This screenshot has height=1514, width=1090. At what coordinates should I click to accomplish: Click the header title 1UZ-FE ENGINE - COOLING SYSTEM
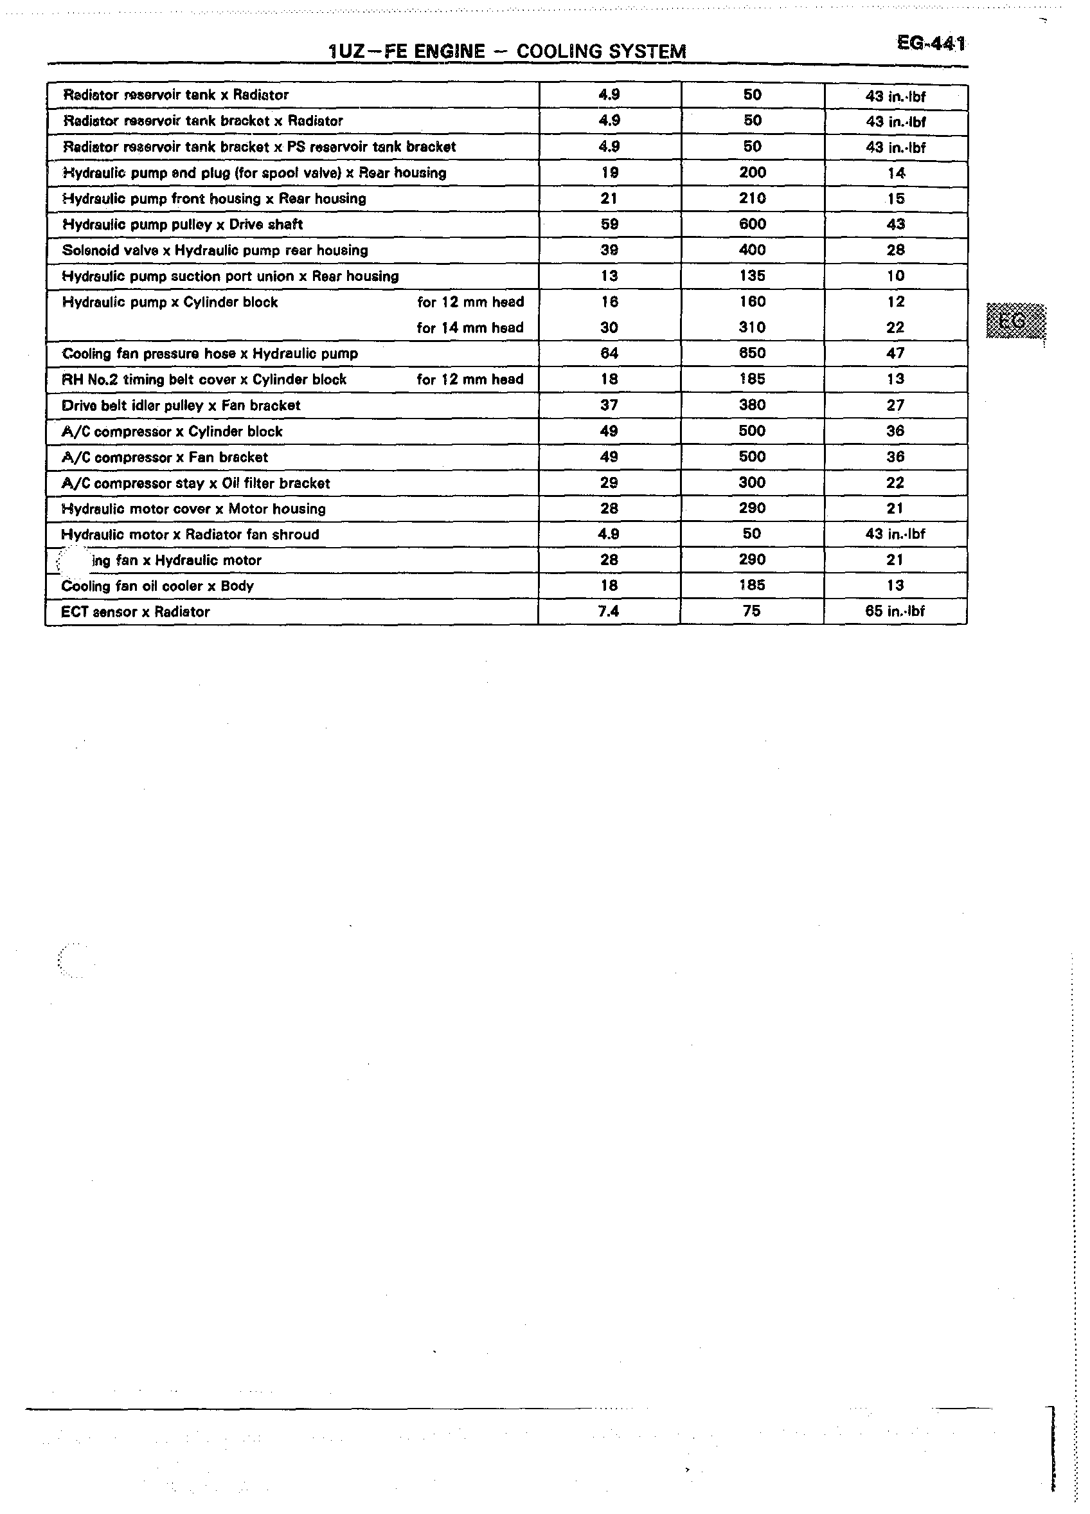(507, 51)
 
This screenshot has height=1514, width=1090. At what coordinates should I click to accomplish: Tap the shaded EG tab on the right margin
(1015, 321)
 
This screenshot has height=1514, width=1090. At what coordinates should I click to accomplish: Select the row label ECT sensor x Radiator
(136, 611)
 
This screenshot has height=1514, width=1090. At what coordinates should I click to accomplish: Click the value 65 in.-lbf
(895, 611)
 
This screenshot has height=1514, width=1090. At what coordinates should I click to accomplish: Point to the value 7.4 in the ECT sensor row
(609, 611)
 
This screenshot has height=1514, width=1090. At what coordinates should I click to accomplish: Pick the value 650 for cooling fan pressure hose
(752, 353)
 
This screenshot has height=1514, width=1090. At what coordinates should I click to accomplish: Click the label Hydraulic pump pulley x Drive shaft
(183, 224)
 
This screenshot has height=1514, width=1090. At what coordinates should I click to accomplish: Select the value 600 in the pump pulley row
(752, 224)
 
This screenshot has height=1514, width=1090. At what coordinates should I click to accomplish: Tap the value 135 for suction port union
(752, 276)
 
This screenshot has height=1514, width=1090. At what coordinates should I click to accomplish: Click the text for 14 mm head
(470, 328)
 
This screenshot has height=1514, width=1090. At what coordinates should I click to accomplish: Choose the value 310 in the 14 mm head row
(752, 328)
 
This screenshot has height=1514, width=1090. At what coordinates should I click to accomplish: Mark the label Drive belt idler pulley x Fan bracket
(181, 405)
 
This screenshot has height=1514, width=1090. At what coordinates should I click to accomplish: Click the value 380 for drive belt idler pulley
(752, 405)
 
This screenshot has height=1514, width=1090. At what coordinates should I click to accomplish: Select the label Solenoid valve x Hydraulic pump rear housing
(215, 250)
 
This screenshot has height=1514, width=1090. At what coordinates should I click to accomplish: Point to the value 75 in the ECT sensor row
(751, 611)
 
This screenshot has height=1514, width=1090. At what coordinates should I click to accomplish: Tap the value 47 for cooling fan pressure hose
(895, 353)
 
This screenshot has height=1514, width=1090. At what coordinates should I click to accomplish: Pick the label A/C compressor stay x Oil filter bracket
(195, 483)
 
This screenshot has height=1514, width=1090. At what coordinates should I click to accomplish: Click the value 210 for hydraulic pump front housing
(752, 198)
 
